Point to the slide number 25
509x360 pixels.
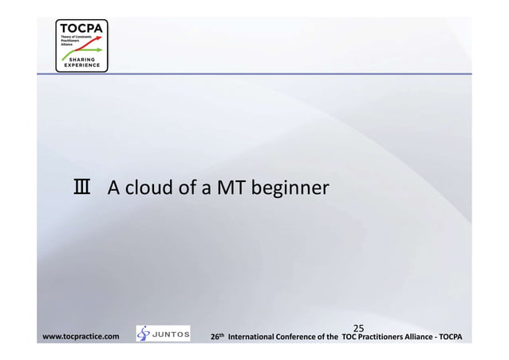tap(359, 327)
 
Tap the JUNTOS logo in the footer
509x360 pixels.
tap(164, 334)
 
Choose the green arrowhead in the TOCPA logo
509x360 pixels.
tap(102, 48)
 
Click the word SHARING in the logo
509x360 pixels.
tap(80, 59)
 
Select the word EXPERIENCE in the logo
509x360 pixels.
tap(80, 65)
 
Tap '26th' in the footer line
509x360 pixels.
tap(216, 337)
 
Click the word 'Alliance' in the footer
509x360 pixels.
tap(436, 338)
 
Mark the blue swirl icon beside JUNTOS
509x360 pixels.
tap(144, 334)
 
